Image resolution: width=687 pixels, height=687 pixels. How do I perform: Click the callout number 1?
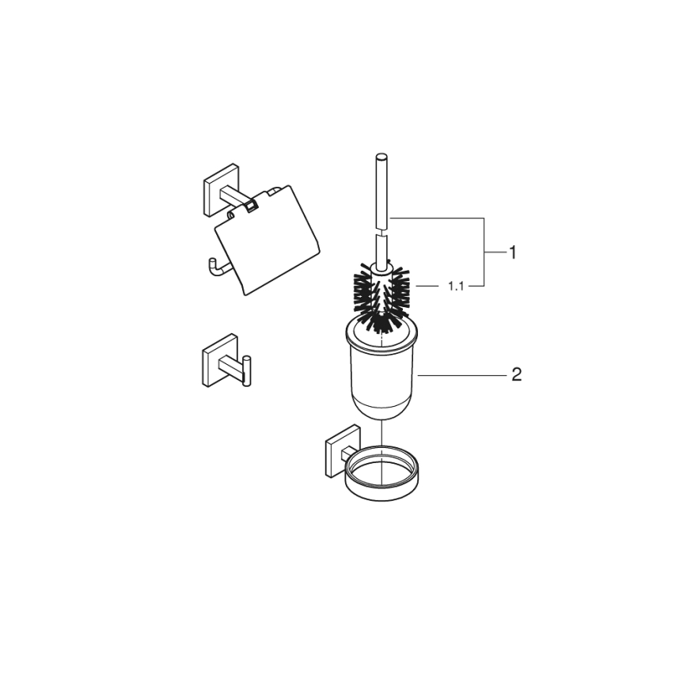(x=513, y=252)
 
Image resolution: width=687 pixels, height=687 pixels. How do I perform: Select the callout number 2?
(x=516, y=374)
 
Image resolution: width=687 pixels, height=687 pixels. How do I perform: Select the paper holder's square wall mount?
(x=218, y=190)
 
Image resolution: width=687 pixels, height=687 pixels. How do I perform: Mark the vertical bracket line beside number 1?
(x=484, y=252)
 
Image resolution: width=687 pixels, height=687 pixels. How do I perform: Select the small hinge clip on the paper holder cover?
(x=250, y=207)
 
